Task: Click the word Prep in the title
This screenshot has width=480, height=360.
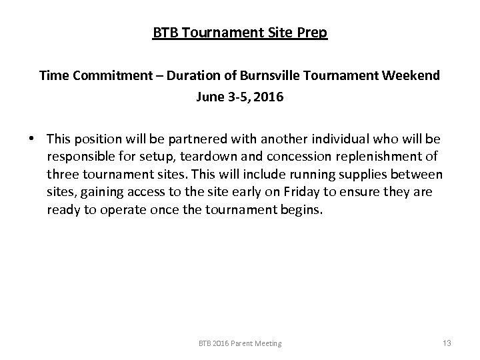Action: [312, 33]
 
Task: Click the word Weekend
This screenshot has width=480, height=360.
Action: [413, 75]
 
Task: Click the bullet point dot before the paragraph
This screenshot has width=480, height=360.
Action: [32, 139]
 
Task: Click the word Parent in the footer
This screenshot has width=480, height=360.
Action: [241, 343]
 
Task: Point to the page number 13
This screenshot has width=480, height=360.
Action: [447, 343]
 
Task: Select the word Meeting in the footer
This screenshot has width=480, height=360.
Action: [268, 343]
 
